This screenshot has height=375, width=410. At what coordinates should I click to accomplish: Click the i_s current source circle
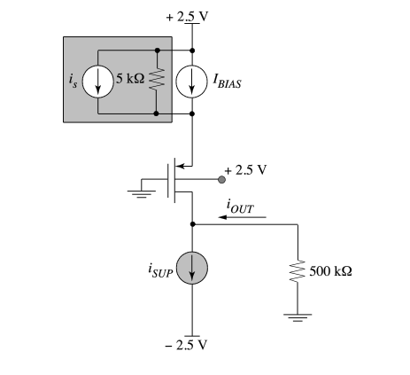pos(97,82)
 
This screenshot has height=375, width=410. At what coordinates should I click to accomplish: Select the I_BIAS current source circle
pos(192,82)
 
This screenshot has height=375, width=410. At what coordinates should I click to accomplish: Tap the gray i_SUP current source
pos(192,268)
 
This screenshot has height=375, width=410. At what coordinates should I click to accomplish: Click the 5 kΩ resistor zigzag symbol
pos(157,79)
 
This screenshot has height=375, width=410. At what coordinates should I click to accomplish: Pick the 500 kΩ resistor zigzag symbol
pos(298,271)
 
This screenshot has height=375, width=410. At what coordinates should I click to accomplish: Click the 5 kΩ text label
pos(130,78)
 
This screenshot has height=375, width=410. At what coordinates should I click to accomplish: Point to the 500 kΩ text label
pos(330,271)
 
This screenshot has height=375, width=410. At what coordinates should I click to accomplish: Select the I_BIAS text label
pos(228,81)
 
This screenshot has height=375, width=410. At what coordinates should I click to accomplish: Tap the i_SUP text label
pos(160,271)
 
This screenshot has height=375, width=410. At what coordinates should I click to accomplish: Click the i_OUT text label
pos(240,206)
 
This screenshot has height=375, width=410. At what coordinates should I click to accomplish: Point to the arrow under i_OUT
pos(242,217)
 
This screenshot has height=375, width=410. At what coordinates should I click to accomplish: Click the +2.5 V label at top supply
pos(187,17)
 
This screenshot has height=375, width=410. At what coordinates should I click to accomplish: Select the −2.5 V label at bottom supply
pos(186,345)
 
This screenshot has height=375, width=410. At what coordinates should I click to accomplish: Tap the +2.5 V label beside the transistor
pos(245,170)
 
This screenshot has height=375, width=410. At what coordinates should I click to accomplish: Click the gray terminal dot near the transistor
pos(221,179)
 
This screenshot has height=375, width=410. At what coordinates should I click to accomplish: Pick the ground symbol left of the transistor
pos(142,193)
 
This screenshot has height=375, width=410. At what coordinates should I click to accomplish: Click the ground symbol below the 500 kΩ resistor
pos(298,317)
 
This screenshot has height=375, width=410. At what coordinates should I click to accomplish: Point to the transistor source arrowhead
pos(180,166)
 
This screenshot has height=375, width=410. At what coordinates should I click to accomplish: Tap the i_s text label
pos(73,81)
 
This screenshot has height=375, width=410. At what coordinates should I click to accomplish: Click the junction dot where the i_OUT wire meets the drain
pos(192,224)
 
